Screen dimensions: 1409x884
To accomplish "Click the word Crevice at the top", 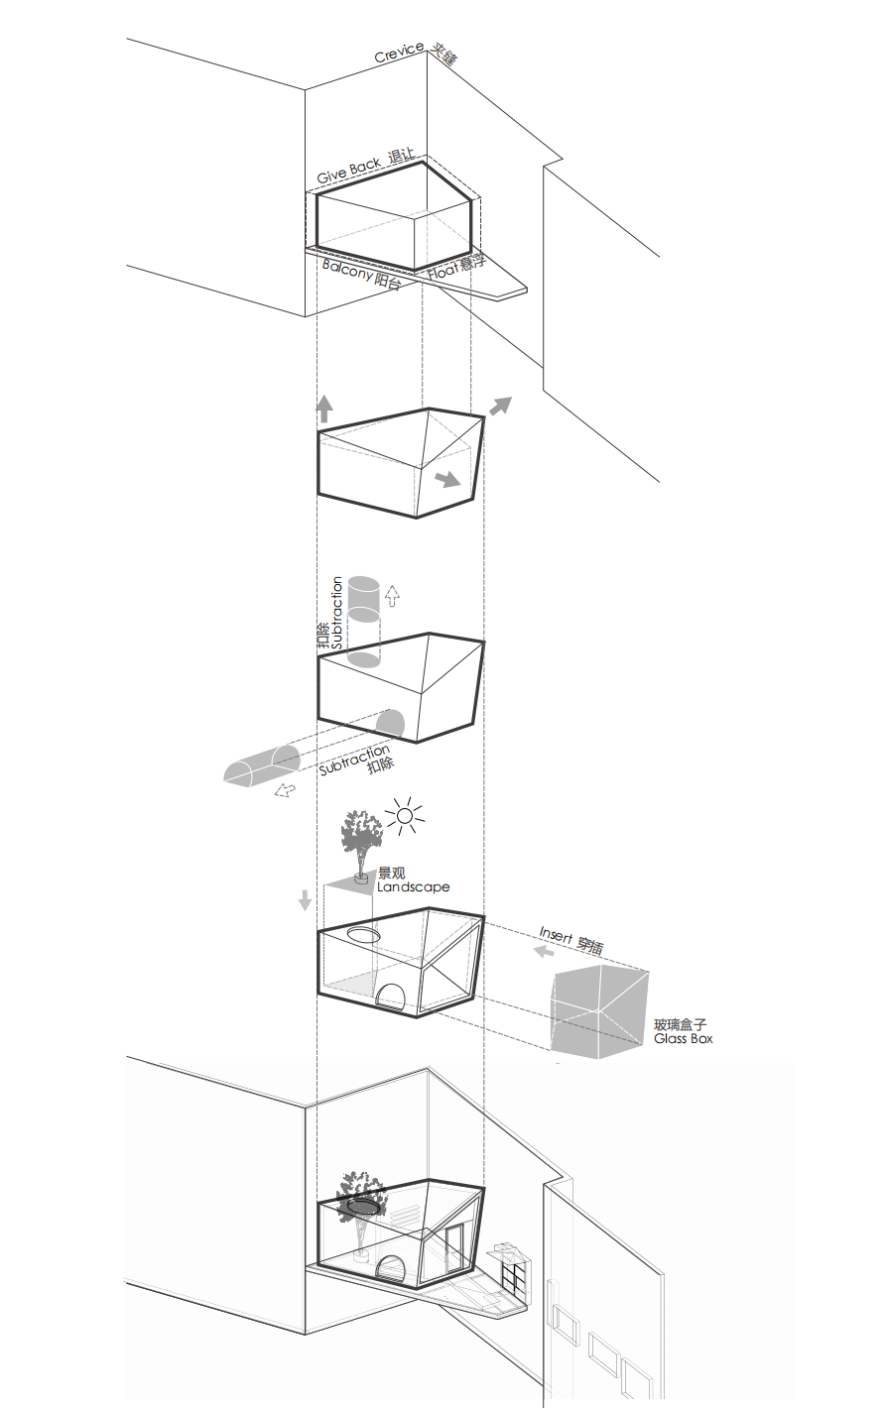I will point(399,53).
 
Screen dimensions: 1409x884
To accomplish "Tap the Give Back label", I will point(349,170).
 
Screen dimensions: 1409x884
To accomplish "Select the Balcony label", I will point(347,271).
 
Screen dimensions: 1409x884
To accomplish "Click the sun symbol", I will point(404,816).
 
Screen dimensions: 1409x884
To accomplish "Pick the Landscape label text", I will point(413,887).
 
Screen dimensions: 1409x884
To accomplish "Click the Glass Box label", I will point(683,1038).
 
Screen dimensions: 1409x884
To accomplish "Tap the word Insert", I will point(556,935).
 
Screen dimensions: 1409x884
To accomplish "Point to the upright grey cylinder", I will point(363,622).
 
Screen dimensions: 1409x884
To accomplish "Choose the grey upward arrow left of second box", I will point(324,409).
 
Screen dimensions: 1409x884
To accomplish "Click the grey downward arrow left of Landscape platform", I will point(305,900).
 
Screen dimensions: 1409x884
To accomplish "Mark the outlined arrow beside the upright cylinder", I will point(393,596).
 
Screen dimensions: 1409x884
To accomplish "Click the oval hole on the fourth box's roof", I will point(363,934).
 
